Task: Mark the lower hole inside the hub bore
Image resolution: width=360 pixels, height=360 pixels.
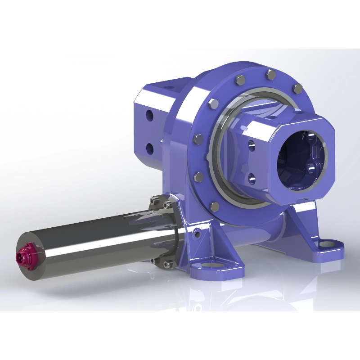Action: click(311, 169)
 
